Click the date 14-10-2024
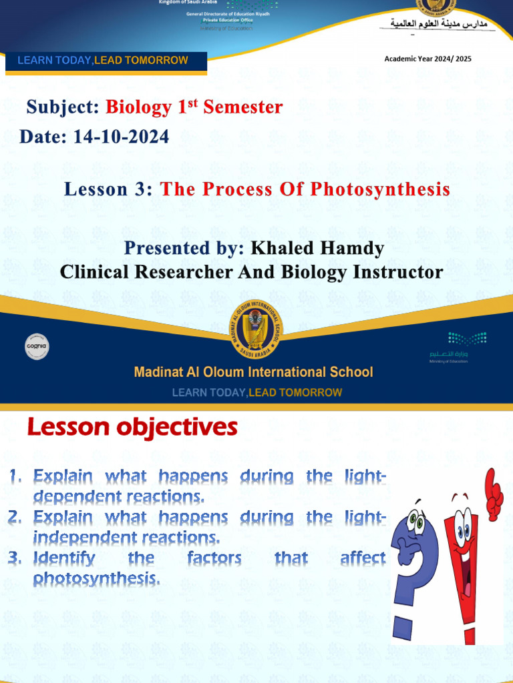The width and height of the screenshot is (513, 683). pyautogui.click(x=122, y=137)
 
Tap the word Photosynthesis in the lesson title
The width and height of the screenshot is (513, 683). pyautogui.click(x=380, y=189)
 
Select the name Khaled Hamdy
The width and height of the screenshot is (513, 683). pyautogui.click(x=317, y=249)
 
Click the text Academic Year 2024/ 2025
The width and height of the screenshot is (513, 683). pyautogui.click(x=427, y=59)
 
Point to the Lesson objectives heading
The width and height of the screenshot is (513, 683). pyautogui.click(x=132, y=428)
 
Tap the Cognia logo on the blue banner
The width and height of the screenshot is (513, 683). pyautogui.click(x=37, y=346)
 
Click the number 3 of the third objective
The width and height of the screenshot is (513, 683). pyautogui.click(x=15, y=558)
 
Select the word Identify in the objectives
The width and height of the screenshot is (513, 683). pyautogui.click(x=64, y=558)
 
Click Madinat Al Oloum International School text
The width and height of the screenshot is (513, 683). pyautogui.click(x=253, y=372)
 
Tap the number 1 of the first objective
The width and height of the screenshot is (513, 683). pyautogui.click(x=15, y=477)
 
